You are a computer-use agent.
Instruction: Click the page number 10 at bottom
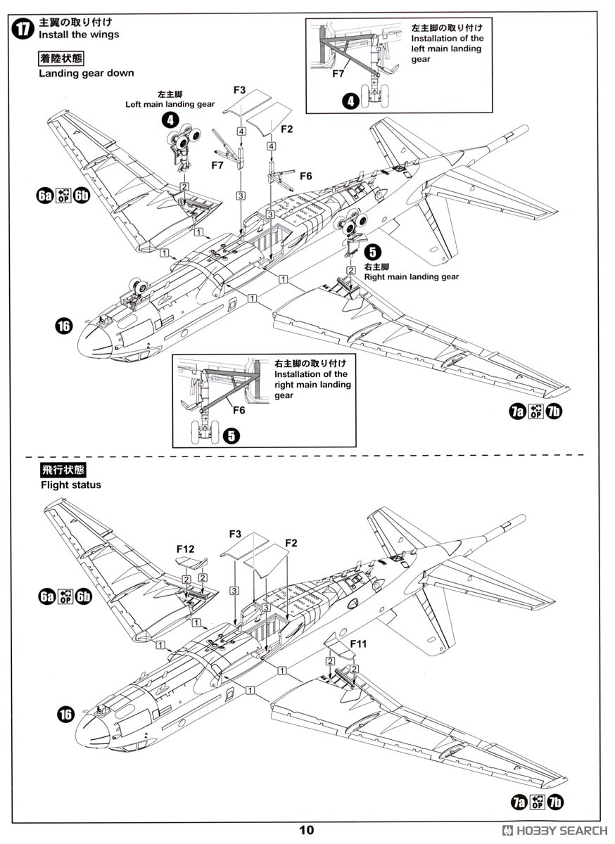(307, 830)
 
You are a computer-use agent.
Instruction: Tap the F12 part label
(186, 549)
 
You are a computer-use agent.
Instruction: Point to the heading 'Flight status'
(70, 485)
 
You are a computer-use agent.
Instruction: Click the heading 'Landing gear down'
(86, 72)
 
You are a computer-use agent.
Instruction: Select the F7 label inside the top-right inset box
(338, 73)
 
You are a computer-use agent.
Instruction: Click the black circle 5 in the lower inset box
(230, 435)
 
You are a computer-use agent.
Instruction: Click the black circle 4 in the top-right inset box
(350, 101)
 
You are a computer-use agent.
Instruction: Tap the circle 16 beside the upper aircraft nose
(64, 325)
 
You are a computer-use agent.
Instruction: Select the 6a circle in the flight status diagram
(46, 597)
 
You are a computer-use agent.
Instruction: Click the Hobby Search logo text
(559, 830)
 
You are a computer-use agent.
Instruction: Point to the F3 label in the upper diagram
(239, 90)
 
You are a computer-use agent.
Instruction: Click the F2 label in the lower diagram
(292, 543)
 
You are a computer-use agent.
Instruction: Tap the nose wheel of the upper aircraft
(137, 287)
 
